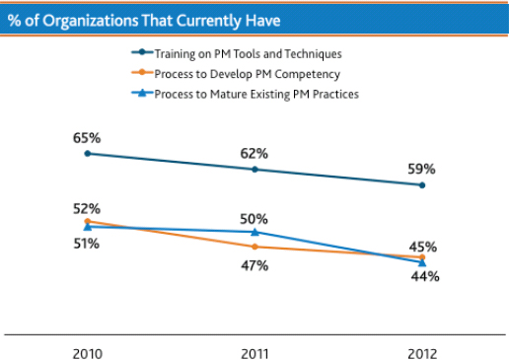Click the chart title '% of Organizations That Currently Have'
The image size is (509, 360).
(x=144, y=20)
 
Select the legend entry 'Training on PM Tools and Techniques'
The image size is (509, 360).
(x=248, y=54)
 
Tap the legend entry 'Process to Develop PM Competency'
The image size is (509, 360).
(x=247, y=74)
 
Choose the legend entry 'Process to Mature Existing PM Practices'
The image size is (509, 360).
(x=255, y=94)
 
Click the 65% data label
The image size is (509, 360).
(x=87, y=138)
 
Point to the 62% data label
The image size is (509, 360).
(x=255, y=153)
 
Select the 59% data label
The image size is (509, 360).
(x=422, y=169)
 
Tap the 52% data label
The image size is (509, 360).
(x=87, y=208)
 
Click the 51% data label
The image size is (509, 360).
(x=86, y=243)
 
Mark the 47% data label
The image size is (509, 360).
(x=255, y=263)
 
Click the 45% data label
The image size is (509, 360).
(x=423, y=247)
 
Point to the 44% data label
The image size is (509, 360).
(x=425, y=277)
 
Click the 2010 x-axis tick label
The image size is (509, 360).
(x=87, y=353)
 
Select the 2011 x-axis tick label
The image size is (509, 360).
(x=255, y=353)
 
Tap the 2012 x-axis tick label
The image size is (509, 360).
(x=422, y=353)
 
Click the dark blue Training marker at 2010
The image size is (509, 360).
(x=87, y=154)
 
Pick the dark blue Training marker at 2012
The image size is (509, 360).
(x=422, y=184)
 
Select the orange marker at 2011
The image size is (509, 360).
(x=255, y=247)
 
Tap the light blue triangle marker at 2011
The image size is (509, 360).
(x=255, y=231)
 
